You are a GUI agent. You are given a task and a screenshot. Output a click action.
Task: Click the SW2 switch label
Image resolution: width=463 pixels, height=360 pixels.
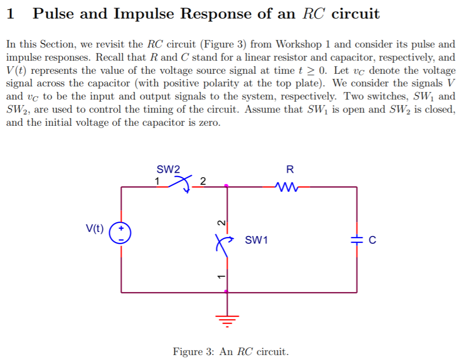tap(168, 170)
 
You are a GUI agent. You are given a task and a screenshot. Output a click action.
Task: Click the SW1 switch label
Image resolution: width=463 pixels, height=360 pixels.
tap(256, 240)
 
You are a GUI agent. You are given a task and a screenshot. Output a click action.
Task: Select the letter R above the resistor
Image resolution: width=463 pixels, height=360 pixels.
tap(290, 170)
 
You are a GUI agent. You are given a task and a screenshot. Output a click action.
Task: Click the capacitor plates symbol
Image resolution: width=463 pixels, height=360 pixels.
tap(357, 240)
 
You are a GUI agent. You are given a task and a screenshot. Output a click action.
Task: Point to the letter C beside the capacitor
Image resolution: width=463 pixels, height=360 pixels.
tap(372, 240)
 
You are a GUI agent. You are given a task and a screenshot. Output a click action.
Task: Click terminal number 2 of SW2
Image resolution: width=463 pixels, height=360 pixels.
tap(203, 182)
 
